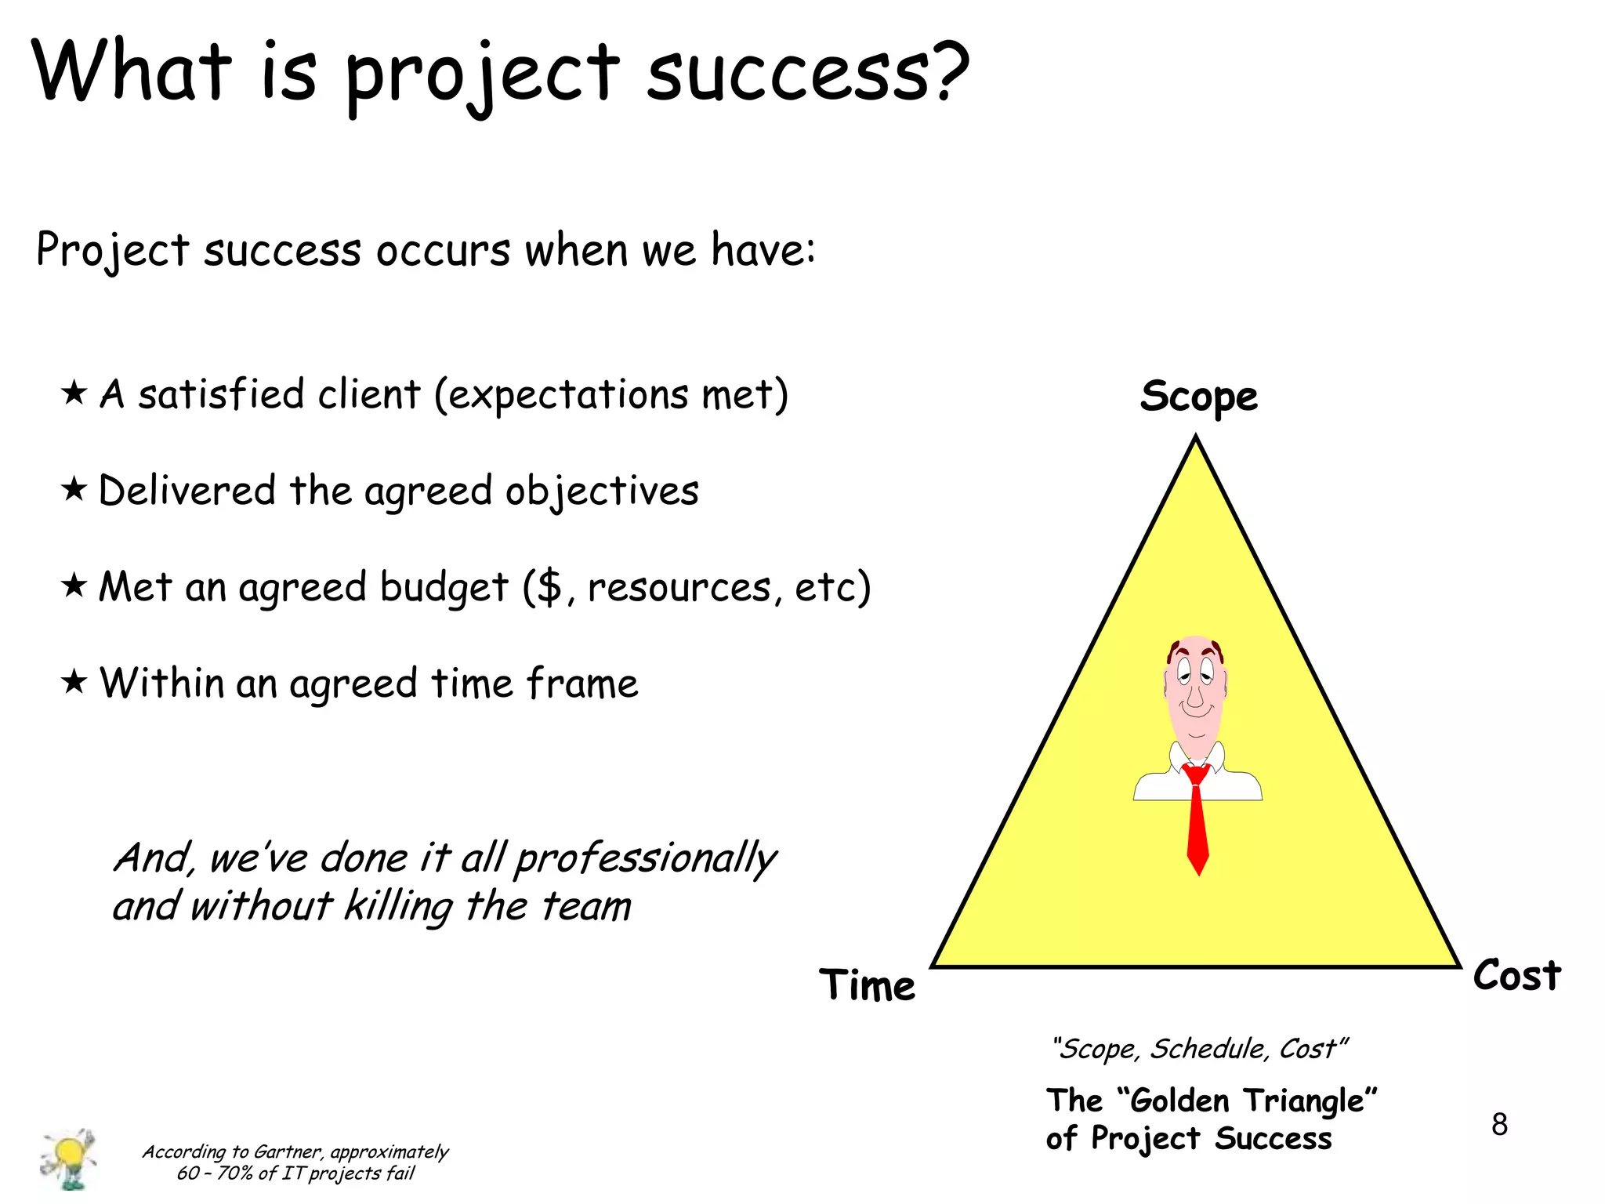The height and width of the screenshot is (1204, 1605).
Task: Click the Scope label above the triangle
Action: click(1198, 397)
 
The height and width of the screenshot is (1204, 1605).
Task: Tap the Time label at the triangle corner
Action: click(867, 985)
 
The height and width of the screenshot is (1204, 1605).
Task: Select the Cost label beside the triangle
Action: click(1516, 976)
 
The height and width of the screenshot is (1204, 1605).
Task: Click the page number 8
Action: click(1498, 1125)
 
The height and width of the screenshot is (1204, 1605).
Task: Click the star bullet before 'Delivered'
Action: click(74, 490)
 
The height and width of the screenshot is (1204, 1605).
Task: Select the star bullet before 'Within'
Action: click(74, 682)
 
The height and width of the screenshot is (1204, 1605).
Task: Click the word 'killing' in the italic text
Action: click(398, 907)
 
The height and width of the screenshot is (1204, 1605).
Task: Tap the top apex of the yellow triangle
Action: click(1196, 441)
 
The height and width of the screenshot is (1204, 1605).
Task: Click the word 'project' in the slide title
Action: click(482, 74)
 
